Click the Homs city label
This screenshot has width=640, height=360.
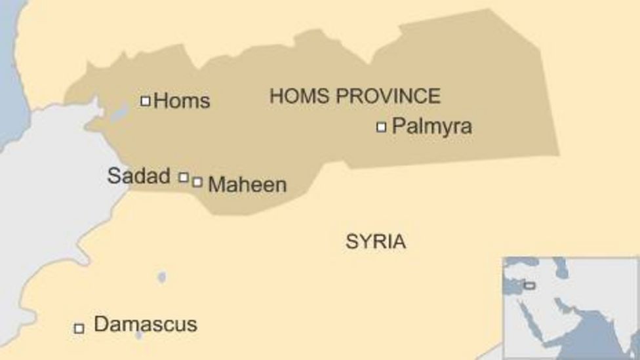[182, 101]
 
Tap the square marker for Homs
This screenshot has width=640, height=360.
[146, 101]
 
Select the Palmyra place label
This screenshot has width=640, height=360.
[431, 127]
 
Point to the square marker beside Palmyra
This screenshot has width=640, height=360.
[381, 127]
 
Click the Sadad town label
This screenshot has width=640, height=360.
[138, 176]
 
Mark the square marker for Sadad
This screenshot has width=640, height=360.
[184, 176]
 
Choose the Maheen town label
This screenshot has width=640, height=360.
[247, 185]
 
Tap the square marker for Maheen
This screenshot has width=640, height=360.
[197, 182]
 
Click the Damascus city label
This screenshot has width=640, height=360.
[146, 325]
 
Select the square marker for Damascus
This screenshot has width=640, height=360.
[79, 328]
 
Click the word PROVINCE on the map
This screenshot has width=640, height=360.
[388, 96]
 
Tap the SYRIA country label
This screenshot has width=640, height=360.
[376, 241]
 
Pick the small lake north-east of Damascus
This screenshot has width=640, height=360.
[162, 277]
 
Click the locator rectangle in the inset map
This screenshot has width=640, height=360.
[529, 285]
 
